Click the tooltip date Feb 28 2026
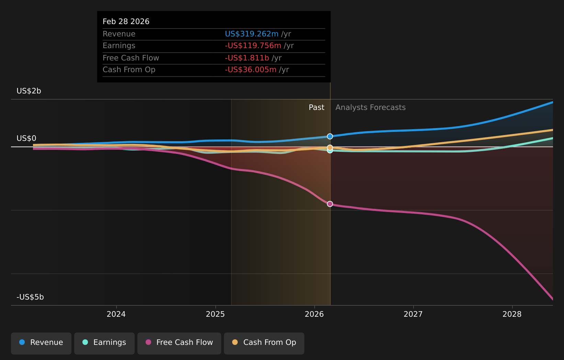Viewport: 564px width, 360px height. click(x=126, y=22)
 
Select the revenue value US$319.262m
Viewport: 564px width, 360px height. click(x=251, y=34)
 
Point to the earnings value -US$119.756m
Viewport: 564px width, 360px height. click(x=253, y=46)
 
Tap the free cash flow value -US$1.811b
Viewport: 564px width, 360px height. click(x=247, y=58)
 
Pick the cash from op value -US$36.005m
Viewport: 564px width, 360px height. click(x=250, y=70)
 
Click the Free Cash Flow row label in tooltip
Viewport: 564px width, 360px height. click(x=131, y=58)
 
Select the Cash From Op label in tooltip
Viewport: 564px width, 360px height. click(x=129, y=70)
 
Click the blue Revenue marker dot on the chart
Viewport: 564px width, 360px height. click(x=330, y=136)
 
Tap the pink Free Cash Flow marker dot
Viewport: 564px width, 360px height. click(x=330, y=204)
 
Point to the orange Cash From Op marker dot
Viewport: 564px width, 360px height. click(x=330, y=147)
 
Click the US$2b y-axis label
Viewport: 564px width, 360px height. click(x=29, y=91)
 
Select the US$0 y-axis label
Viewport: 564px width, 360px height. click(x=26, y=138)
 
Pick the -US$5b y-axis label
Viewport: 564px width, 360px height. click(x=30, y=297)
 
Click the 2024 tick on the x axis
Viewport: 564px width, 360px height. click(x=116, y=314)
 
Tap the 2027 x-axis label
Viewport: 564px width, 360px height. click(x=413, y=314)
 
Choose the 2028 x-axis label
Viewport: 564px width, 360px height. click(x=512, y=314)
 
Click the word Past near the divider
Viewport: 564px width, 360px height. click(x=316, y=108)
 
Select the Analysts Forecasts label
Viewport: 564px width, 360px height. click(x=370, y=108)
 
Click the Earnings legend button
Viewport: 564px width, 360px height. click(x=104, y=342)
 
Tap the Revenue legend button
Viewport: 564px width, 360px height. click(x=41, y=342)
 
